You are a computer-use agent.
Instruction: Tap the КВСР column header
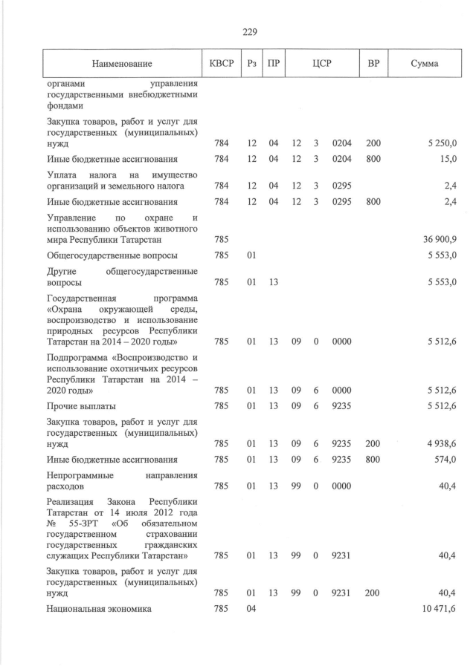[222, 64]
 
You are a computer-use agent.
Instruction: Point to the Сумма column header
[424, 64]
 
